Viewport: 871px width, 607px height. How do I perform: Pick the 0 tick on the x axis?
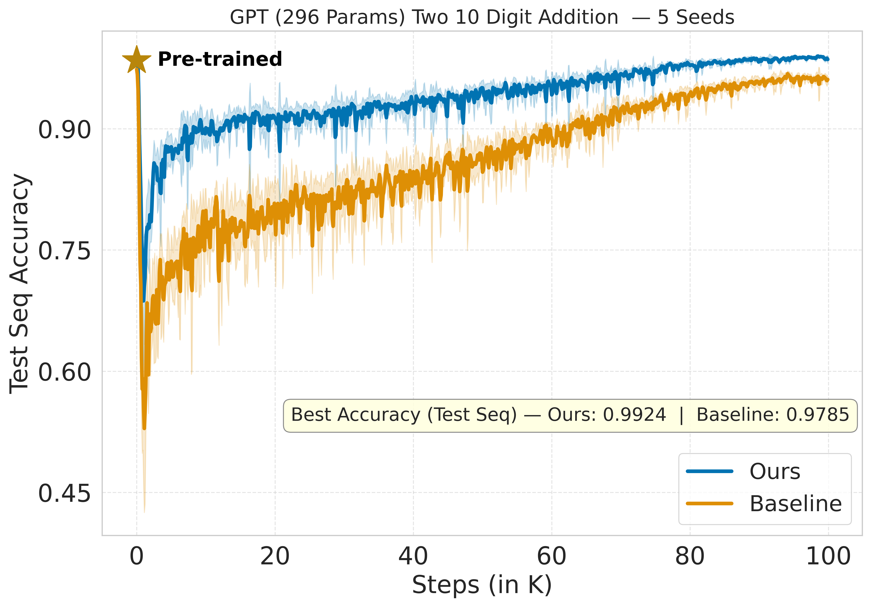pos(137,557)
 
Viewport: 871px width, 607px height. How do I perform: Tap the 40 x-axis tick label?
pos(413,557)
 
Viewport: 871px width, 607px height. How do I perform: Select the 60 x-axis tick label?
pos(552,557)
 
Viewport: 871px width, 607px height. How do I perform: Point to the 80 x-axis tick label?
pos(690,557)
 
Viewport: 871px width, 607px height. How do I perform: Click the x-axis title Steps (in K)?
pos(482,585)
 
